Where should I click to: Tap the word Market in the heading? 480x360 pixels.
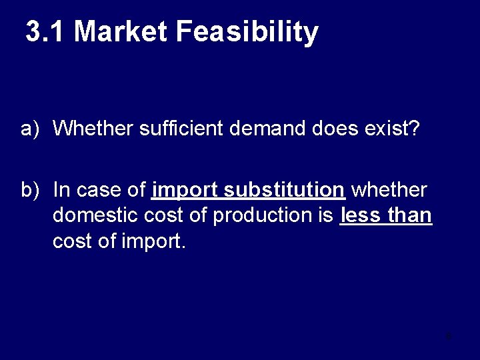[120, 31]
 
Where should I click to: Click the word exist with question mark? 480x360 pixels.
[392, 128]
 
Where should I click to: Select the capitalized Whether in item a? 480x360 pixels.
[93, 128]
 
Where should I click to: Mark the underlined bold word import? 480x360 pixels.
[185, 191]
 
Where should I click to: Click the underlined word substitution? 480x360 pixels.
[285, 190]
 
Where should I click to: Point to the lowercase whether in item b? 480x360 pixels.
[389, 190]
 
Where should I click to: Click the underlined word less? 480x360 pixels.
[361, 215]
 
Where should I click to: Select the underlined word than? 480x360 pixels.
[409, 215]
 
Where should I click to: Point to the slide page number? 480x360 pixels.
[449, 336]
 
